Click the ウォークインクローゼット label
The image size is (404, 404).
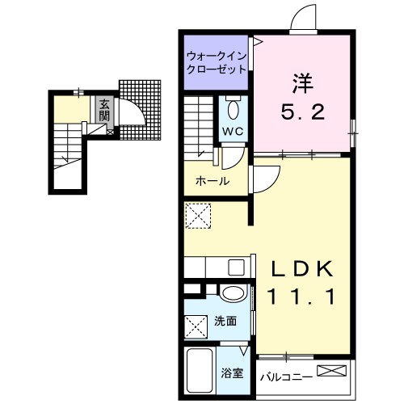click(x=216, y=62)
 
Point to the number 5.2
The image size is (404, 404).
click(x=304, y=112)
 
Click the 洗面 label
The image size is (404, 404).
click(x=225, y=322)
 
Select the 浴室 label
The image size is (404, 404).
click(x=233, y=373)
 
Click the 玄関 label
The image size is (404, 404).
click(x=104, y=109)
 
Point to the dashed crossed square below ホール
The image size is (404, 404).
click(x=197, y=215)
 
